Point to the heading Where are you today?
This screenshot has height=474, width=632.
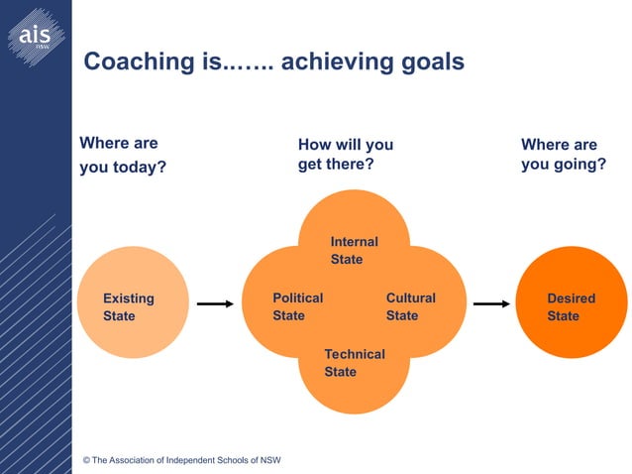pyautogui.click(x=123, y=155)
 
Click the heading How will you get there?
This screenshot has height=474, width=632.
pyautogui.click(x=345, y=154)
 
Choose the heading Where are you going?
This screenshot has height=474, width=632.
pyautogui.click(x=563, y=154)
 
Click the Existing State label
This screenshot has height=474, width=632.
pyautogui.click(x=128, y=306)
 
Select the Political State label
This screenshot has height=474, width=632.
pyautogui.click(x=297, y=306)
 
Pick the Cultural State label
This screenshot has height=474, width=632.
pyautogui.click(x=410, y=306)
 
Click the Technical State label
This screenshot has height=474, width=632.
pyautogui.click(x=354, y=363)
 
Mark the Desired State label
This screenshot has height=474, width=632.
pyautogui.click(x=571, y=306)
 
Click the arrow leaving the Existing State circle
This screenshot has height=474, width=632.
pyautogui.click(x=215, y=304)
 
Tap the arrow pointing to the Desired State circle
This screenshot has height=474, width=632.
pyautogui.click(x=490, y=304)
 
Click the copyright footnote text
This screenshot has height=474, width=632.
pyautogui.click(x=182, y=460)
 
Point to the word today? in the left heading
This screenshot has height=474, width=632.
pyautogui.click(x=138, y=167)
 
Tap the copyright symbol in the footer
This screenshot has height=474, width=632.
pyautogui.click(x=87, y=460)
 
